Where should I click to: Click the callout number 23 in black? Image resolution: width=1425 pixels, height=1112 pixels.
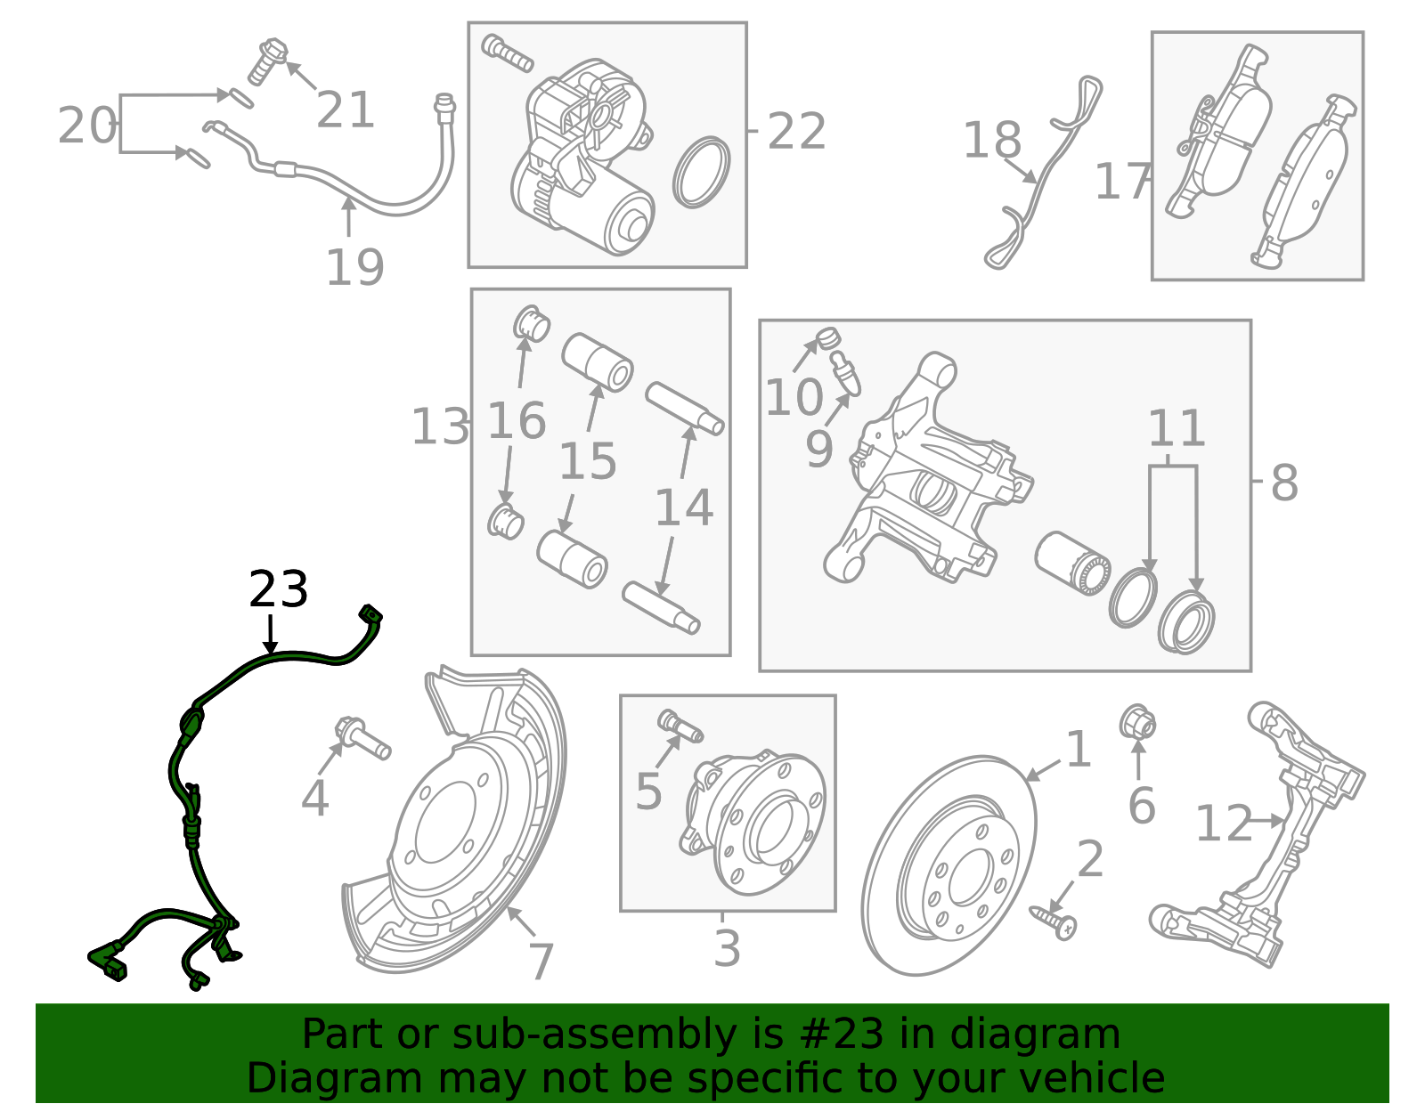(278, 590)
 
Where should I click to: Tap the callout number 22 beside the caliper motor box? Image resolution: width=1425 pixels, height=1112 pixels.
(796, 132)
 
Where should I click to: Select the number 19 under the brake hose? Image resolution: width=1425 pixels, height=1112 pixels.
(354, 267)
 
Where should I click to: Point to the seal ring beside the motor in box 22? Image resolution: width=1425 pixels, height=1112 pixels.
(701, 172)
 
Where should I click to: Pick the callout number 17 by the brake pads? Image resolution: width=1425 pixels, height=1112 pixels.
(1121, 182)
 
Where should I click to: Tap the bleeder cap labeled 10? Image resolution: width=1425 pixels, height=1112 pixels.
(828, 338)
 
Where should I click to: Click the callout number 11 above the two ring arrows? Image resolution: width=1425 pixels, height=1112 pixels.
(1176, 429)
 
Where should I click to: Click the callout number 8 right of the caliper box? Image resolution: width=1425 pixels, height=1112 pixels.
(1283, 483)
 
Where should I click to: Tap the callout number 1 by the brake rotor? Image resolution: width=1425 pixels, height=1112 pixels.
(1078, 749)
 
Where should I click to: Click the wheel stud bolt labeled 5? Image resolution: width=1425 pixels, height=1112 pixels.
(680, 725)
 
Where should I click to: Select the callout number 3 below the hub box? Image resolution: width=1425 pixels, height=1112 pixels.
(727, 948)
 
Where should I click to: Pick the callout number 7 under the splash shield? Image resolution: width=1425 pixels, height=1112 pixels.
(541, 962)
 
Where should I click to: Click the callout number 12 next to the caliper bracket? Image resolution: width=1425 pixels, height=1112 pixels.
(1223, 824)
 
